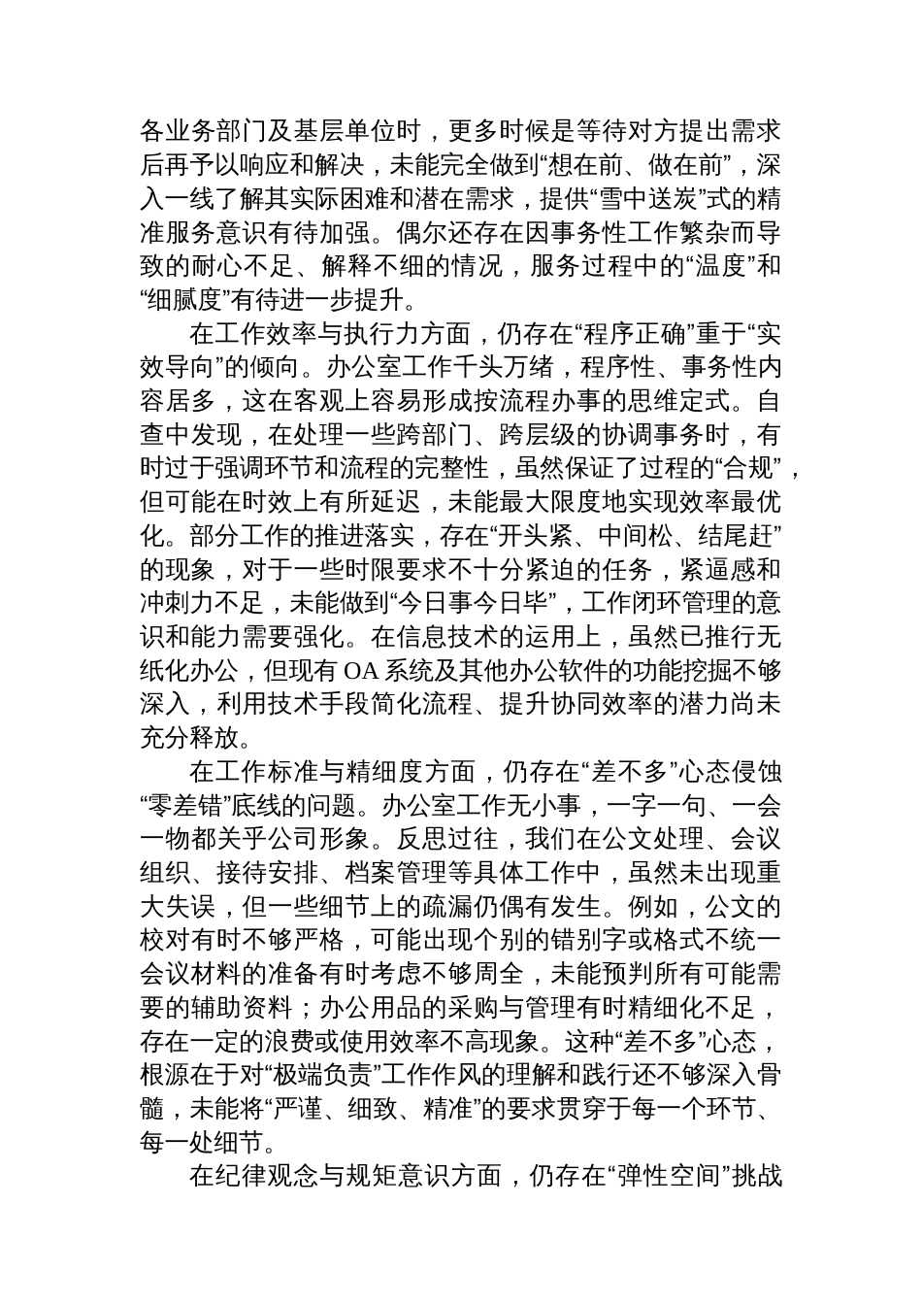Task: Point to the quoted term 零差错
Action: (185, 805)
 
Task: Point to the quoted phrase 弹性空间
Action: (668, 1176)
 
